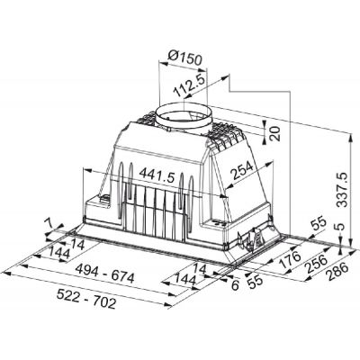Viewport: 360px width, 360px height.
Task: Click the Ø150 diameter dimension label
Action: point(185,58)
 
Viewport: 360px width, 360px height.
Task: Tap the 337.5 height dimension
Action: point(343,190)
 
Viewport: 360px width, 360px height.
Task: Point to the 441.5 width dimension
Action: point(157,175)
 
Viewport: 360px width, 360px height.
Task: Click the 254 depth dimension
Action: point(242,170)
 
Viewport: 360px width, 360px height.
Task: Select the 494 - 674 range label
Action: point(105,274)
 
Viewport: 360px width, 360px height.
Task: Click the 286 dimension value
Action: point(338,272)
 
